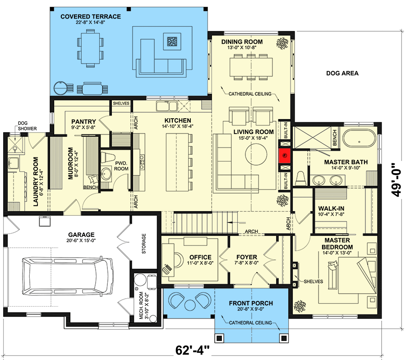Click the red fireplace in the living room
285,156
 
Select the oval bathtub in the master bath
359,139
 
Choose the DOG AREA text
342,73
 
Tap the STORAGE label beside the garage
144,244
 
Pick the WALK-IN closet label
332,208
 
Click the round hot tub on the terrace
60,87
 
